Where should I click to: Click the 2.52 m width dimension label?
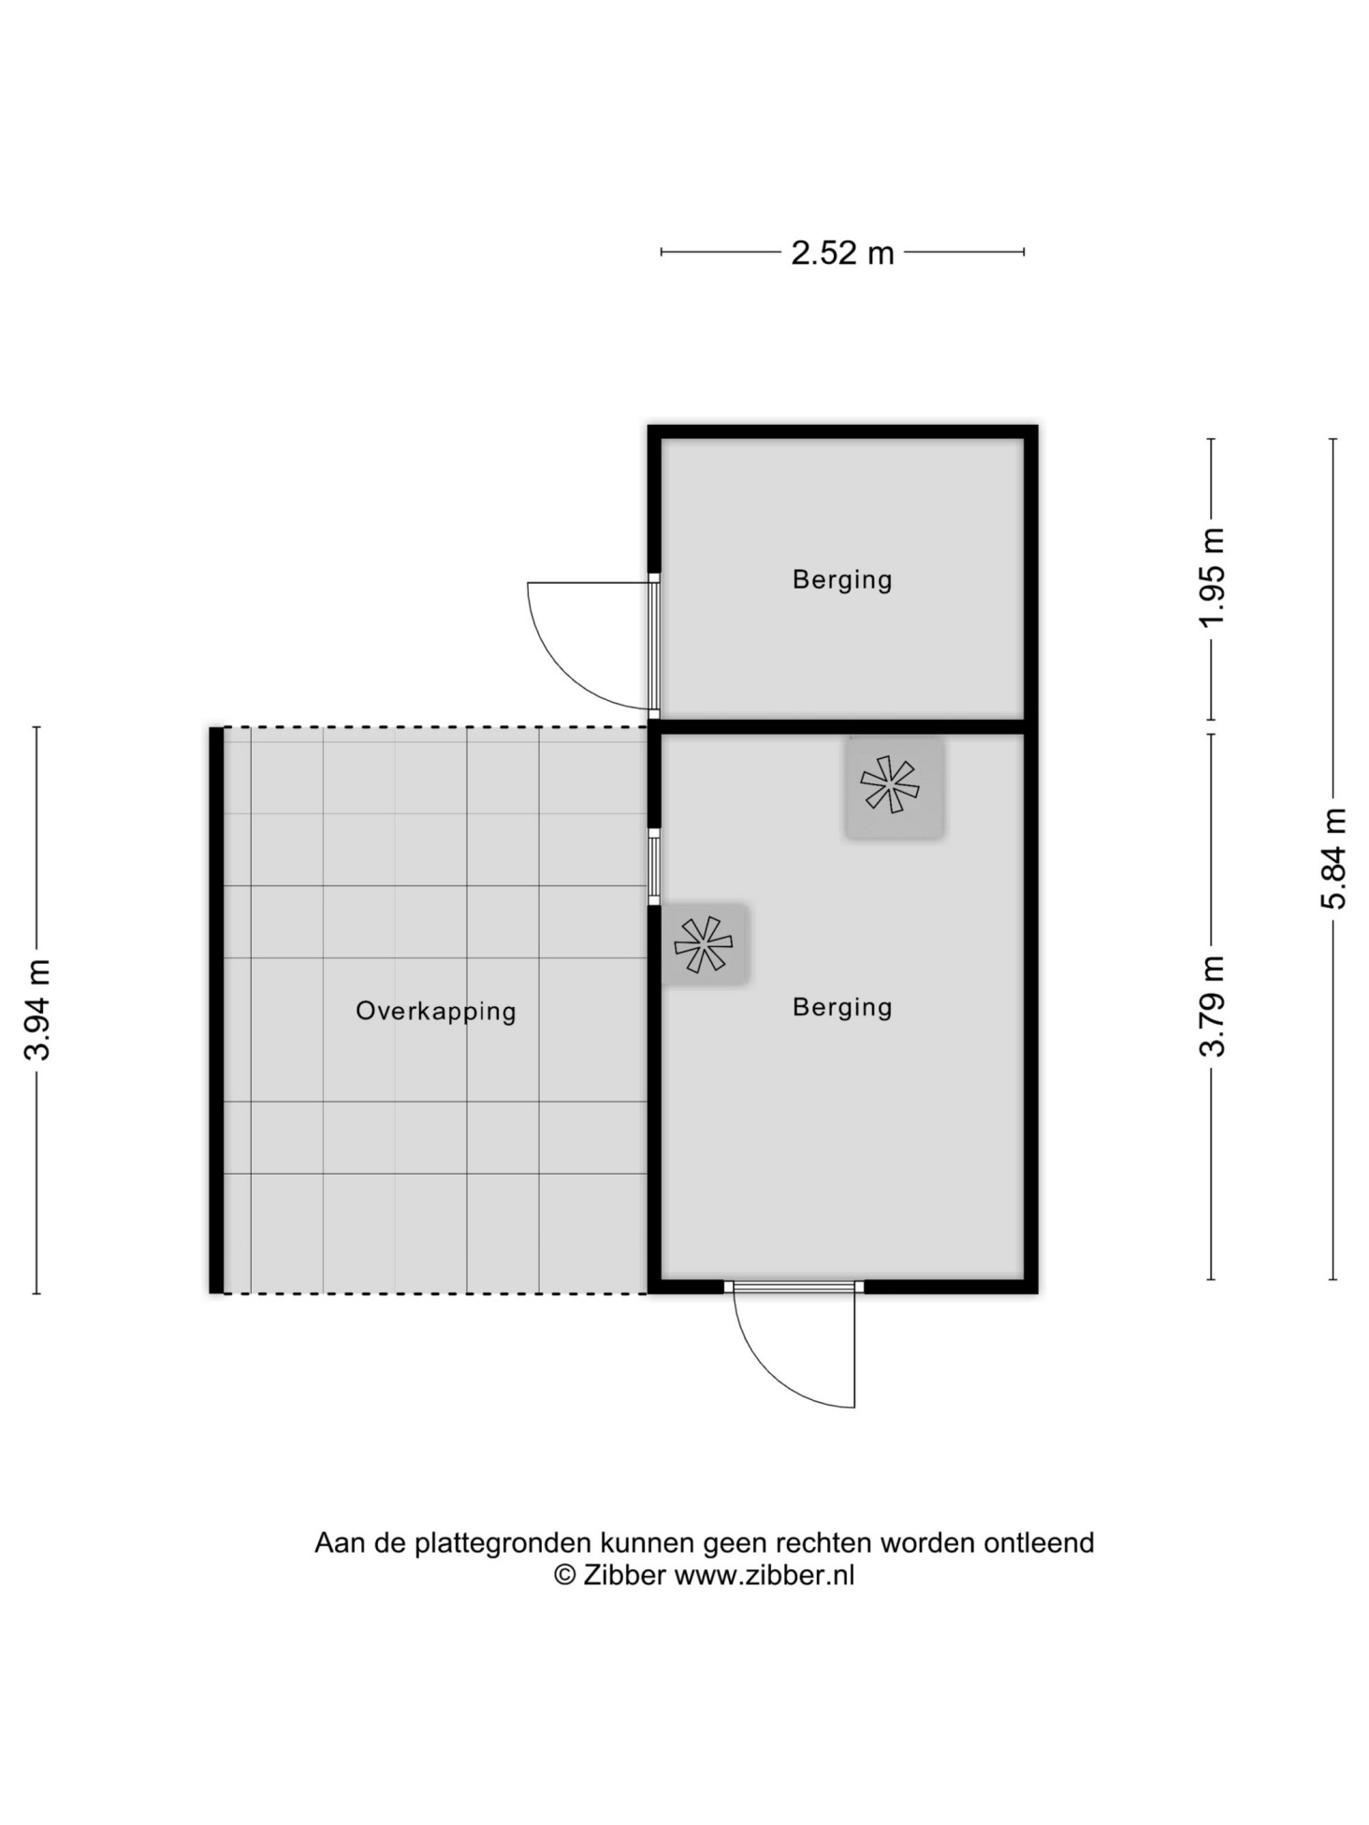pos(842,253)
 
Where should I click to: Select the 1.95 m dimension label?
pos(1212,578)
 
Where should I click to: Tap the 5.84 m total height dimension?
pos(1333,858)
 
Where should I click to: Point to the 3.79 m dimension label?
pos(1212,1006)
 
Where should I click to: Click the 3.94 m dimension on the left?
pos(36,1010)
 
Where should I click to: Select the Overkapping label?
pos(436,1012)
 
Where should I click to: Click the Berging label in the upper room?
pos(842,580)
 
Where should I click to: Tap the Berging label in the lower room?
pos(842,1008)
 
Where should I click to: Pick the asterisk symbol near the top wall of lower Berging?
pos(890,784)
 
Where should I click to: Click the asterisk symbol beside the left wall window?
pos(703,944)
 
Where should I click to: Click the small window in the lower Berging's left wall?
pos(654,866)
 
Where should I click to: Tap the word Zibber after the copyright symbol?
pos(623,1575)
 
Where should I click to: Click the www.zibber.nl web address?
pos(765,1575)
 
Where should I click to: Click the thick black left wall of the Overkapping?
pos(216,1010)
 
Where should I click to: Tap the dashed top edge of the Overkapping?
pos(436,727)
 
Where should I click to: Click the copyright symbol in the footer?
pos(564,1575)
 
